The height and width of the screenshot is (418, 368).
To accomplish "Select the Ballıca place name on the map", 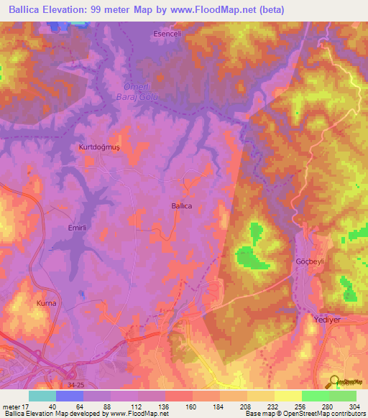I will pyautogui.click(x=182, y=205).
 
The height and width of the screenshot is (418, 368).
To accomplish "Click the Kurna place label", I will pyautogui.click(x=46, y=303).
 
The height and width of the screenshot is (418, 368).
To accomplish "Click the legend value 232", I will pyautogui.click(x=274, y=406).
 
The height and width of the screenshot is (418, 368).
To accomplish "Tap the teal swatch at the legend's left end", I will pyautogui.click(x=42, y=396).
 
